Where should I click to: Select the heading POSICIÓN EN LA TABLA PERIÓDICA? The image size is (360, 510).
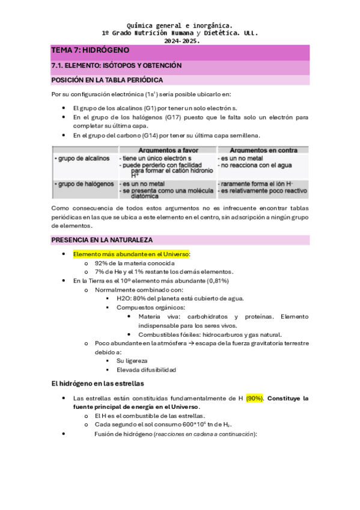(107, 79)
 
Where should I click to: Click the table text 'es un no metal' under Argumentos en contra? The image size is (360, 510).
(240, 158)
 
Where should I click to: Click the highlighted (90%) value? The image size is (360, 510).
(254, 398)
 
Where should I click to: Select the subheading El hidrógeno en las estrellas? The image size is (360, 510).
(97, 383)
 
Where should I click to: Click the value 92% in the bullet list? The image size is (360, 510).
(101, 263)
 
